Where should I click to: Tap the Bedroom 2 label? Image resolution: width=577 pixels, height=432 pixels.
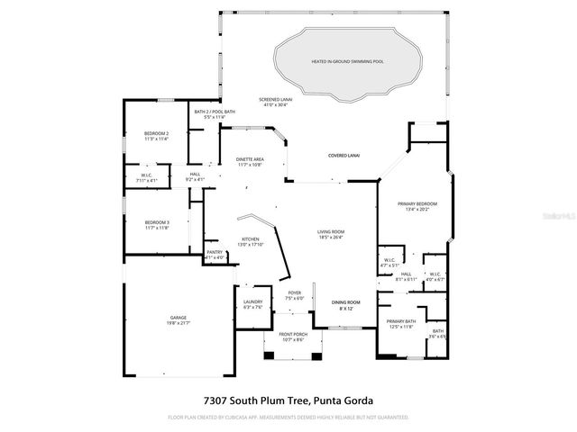point(156,136)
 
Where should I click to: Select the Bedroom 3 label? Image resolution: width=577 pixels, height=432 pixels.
point(156,225)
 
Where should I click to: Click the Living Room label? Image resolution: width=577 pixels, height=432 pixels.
point(331,235)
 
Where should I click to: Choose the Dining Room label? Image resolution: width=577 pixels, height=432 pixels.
point(345,304)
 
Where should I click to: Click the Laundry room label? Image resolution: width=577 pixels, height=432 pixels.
point(252,304)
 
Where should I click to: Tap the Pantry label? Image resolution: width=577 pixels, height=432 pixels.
point(215,255)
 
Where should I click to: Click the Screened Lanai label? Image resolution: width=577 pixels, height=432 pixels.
point(275,102)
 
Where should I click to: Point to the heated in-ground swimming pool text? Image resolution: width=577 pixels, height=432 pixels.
point(347,62)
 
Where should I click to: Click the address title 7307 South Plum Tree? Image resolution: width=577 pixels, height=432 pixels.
point(288,400)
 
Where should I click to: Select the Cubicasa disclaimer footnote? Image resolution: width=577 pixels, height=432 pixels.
point(288,418)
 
